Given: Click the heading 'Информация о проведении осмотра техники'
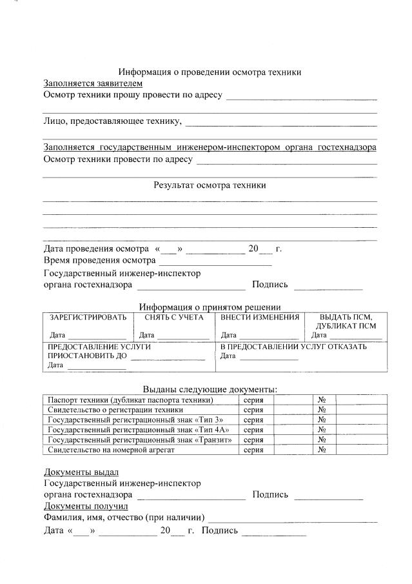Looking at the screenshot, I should click(x=210, y=72).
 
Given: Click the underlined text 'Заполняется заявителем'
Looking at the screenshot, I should click(x=93, y=83).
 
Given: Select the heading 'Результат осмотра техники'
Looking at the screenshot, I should click(x=210, y=185).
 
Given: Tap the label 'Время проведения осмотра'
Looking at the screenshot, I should click(x=99, y=261).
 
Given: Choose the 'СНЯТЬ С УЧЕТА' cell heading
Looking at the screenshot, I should click(x=174, y=317).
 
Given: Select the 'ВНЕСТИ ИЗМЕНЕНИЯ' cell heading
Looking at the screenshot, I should click(x=260, y=317).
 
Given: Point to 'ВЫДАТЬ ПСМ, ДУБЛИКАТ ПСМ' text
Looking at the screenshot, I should click(x=346, y=321).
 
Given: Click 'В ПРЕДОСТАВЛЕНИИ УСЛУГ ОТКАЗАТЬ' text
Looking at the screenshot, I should click(x=293, y=347).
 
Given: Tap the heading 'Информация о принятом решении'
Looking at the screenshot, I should click(x=210, y=307).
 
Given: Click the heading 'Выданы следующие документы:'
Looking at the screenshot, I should click(x=210, y=389).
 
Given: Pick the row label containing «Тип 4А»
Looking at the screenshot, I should click(x=139, y=430).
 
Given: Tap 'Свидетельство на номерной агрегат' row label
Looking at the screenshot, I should click(x=112, y=450).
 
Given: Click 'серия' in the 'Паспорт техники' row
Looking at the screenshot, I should click(x=253, y=400).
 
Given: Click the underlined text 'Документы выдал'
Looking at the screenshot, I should click(x=81, y=472).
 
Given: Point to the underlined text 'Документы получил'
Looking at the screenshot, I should click(x=86, y=507).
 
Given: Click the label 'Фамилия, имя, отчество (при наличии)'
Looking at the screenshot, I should click(x=124, y=518).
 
